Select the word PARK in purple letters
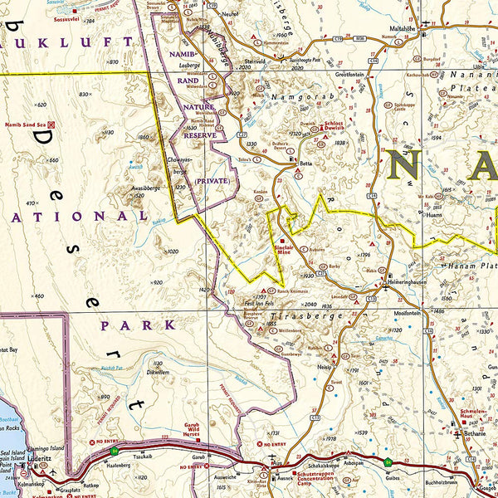127,325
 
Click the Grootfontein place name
351,74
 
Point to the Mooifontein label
408,313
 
